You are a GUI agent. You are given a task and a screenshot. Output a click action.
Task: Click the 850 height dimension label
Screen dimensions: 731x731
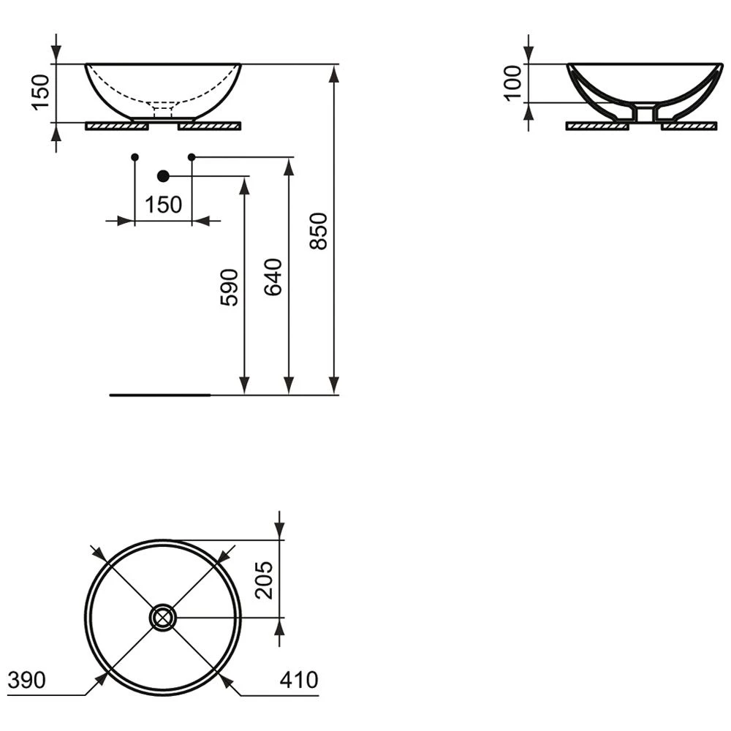pos(319,231)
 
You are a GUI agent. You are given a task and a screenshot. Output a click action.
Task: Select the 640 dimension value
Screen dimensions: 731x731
pos(273,276)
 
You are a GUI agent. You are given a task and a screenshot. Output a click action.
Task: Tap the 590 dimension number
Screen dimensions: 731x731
pos(229,287)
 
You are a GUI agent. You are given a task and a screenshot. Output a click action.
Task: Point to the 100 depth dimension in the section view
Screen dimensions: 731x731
pos(513,83)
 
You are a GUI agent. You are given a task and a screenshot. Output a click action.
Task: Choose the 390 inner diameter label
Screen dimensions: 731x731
pos(26,680)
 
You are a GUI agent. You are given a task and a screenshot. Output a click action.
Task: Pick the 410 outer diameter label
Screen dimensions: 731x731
pos(299,680)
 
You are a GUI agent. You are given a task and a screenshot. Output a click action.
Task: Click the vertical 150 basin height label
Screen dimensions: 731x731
pos(41,91)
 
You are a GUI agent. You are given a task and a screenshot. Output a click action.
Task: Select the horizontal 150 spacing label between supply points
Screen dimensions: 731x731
pos(163,205)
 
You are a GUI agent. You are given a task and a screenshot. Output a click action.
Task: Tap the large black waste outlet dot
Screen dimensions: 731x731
pos(163,175)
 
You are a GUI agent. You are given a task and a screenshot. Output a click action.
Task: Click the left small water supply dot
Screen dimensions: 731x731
pos(135,157)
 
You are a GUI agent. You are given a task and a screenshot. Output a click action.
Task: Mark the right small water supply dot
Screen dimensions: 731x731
pos(192,157)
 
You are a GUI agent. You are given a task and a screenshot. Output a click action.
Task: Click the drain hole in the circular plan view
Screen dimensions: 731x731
pos(162,618)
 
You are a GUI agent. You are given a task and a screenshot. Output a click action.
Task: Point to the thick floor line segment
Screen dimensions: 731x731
pos(159,395)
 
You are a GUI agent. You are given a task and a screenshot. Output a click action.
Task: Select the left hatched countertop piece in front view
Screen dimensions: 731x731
pos(117,126)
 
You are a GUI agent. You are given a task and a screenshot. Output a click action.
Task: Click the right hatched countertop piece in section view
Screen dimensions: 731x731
pos(689,126)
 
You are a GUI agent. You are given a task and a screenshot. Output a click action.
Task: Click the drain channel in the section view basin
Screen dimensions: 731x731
pos(643,114)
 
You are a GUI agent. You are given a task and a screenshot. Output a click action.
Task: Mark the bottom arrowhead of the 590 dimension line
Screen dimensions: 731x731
pos(244,385)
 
